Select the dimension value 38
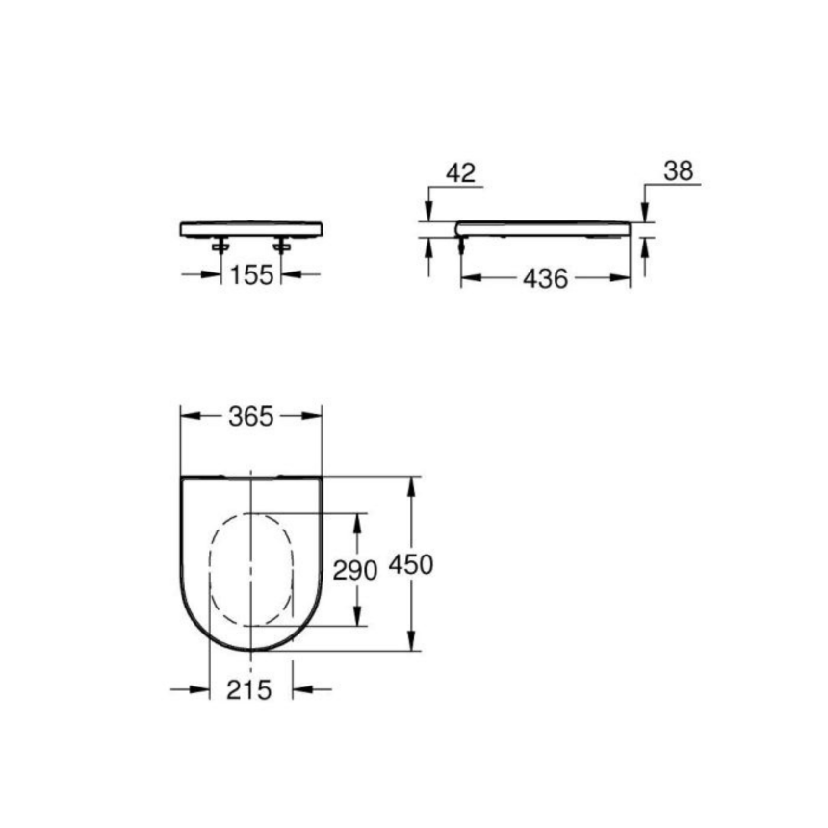[678, 171]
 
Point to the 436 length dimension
[545, 279]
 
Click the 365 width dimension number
[251, 416]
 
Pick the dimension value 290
[354, 570]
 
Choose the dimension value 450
[411, 564]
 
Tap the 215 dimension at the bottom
[250, 689]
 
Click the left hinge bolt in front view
[221, 246]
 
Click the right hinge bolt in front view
[281, 246]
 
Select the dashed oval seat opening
[250, 568]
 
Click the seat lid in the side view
[544, 228]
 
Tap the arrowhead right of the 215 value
[301, 689]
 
